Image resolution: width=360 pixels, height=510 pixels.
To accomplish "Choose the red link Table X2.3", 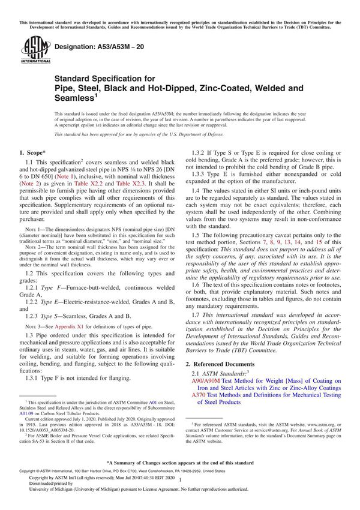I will [x=154, y=187].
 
